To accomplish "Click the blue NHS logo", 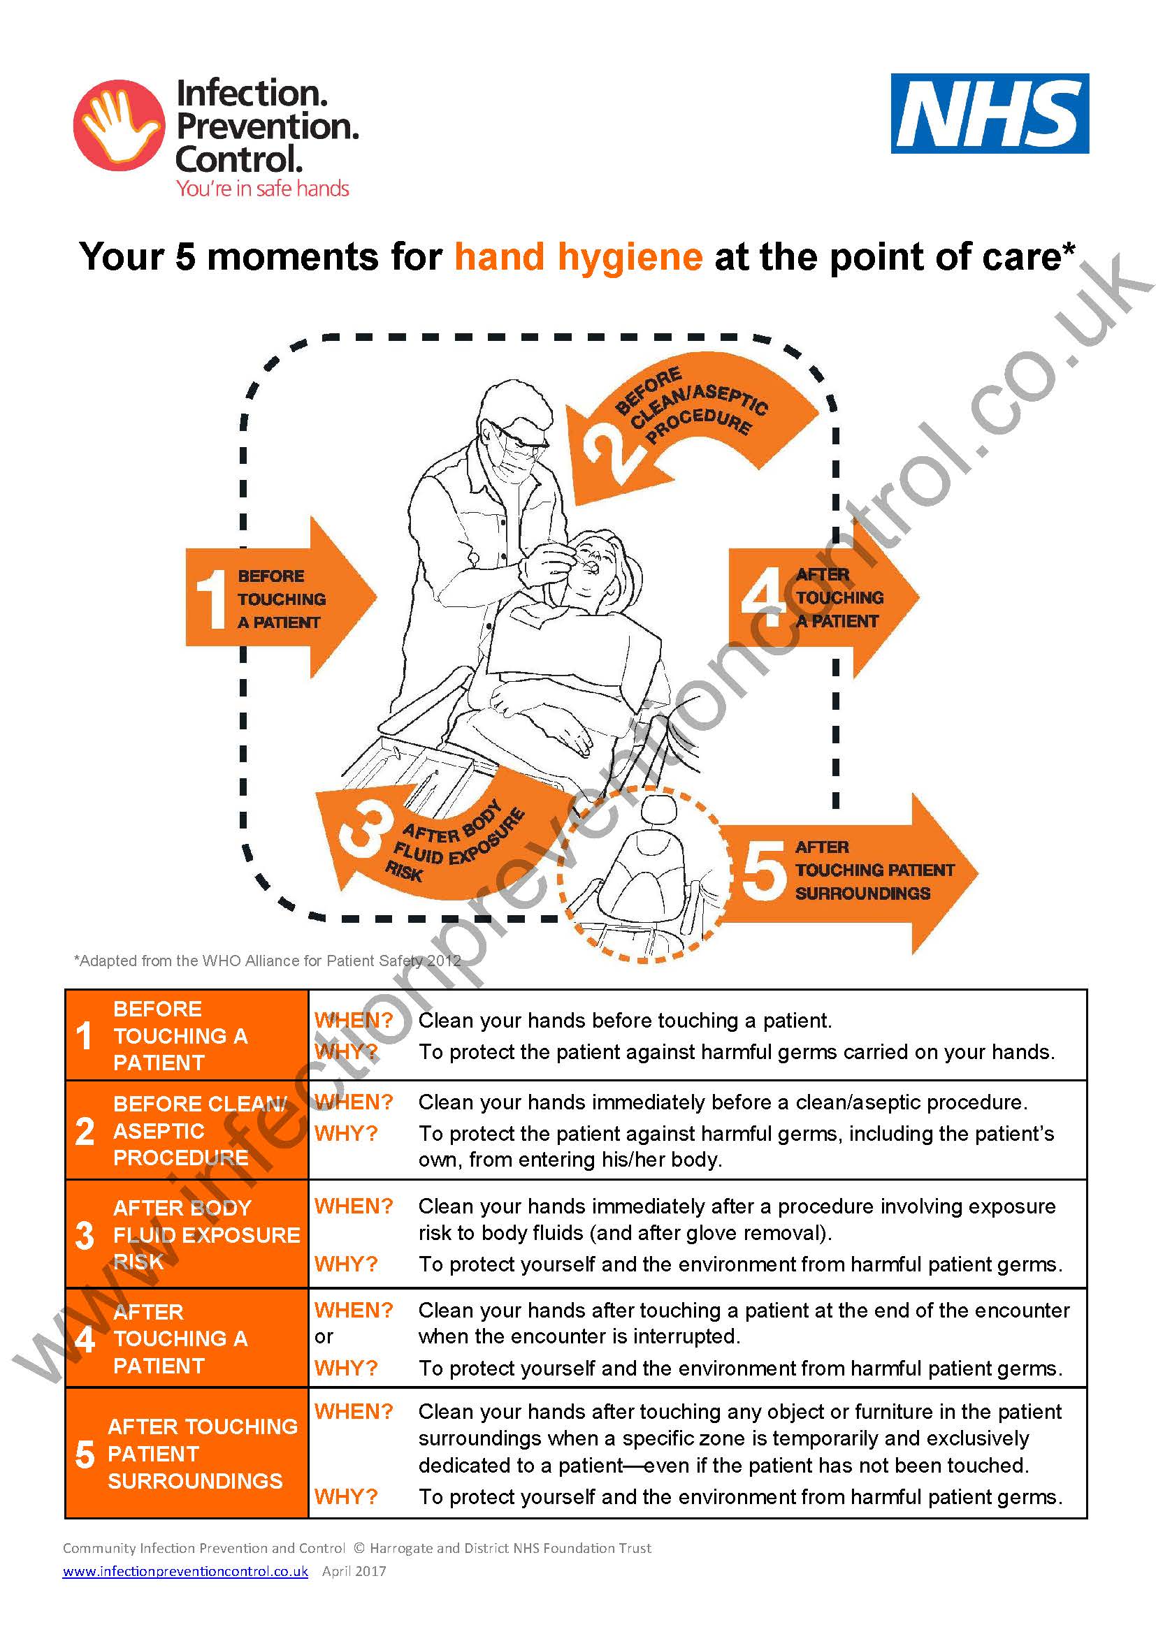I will coord(990,113).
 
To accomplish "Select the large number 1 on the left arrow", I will coord(211,599).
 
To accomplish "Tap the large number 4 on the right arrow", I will coord(762,597).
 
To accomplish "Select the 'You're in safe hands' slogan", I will coord(263,189).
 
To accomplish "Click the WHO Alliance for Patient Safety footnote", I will coord(267,961).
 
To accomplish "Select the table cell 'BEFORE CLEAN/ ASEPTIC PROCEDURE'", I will coord(187,1131).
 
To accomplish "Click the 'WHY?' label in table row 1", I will coord(346,1051).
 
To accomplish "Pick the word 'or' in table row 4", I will coord(324,1336).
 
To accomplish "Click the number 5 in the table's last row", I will coord(85,1454).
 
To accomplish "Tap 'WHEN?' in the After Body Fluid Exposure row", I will coord(354,1206).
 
